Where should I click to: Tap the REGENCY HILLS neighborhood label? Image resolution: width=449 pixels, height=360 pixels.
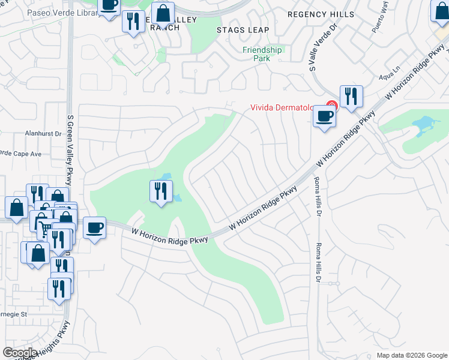pyautogui.click(x=321, y=14)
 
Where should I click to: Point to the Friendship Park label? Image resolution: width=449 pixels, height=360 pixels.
pyautogui.click(x=261, y=54)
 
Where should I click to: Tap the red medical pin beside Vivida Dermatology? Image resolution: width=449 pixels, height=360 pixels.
pyautogui.click(x=331, y=107)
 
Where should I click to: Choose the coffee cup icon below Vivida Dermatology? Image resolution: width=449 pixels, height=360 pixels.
pyautogui.click(x=325, y=116)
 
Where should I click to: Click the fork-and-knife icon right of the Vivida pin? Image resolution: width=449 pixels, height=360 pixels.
pyautogui.click(x=350, y=96)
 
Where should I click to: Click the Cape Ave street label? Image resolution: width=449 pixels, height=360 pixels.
pyautogui.click(x=24, y=154)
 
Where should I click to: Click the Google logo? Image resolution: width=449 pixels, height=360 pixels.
pyautogui.click(x=20, y=353)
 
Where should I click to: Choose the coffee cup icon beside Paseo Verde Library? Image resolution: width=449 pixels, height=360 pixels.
pyautogui.click(x=109, y=6)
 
